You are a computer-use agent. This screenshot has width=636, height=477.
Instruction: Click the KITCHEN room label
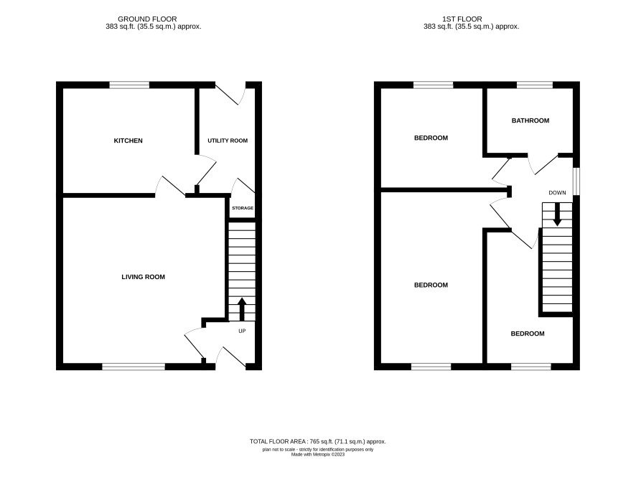[128, 141]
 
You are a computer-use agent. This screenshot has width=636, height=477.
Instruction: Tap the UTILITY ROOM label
[228, 141]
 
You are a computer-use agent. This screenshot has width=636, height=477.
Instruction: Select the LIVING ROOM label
[143, 277]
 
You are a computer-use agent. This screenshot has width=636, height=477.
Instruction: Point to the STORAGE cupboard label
[243, 208]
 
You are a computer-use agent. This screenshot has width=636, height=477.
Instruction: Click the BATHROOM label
[530, 121]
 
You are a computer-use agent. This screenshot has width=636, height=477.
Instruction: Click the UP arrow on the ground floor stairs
[242, 309]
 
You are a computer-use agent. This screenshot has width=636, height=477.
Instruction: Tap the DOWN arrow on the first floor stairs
[557, 214]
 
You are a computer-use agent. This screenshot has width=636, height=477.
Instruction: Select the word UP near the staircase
[242, 331]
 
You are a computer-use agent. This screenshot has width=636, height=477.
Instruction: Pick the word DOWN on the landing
[557, 192]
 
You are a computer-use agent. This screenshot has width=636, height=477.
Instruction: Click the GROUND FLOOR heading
[147, 19]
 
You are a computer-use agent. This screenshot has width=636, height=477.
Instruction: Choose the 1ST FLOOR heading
[462, 19]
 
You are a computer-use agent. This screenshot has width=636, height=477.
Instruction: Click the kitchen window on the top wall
[129, 85]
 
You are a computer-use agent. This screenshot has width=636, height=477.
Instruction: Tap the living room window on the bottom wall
[134, 367]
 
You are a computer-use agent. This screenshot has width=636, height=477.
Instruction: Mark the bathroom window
[535, 85]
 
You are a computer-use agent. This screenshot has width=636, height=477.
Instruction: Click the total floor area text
[317, 442]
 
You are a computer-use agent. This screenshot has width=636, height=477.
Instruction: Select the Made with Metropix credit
[317, 455]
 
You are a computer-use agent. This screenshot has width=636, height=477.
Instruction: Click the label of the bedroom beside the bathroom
[431, 138]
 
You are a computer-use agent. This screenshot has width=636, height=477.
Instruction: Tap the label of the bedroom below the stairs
[528, 334]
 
